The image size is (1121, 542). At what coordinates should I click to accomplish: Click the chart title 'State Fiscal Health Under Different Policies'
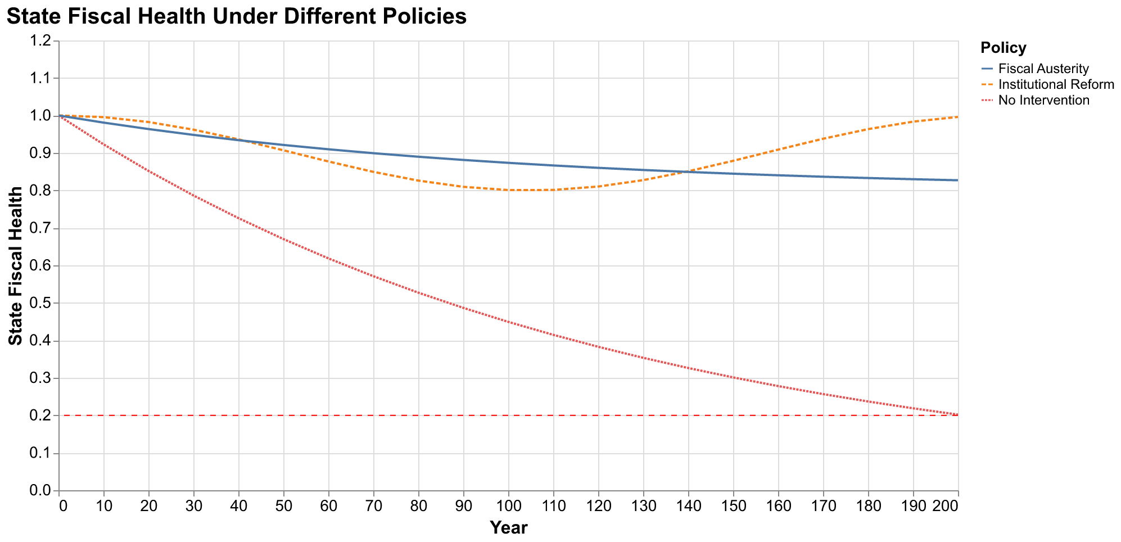pyautogui.click(x=236, y=17)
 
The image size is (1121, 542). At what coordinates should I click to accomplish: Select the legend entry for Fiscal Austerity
pyautogui.click(x=1043, y=69)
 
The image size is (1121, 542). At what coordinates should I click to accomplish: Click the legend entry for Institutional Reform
pyautogui.click(x=1056, y=84)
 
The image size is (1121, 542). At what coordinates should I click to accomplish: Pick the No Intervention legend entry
pyautogui.click(x=1043, y=101)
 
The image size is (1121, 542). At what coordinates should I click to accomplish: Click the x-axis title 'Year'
pyautogui.click(x=508, y=528)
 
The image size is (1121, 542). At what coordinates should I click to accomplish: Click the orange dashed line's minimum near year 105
pyautogui.click(x=531, y=190)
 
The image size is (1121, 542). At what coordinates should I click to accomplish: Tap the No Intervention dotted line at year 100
pyautogui.click(x=508, y=322)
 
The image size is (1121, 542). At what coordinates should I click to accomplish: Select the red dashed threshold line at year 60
pyautogui.click(x=329, y=415)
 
